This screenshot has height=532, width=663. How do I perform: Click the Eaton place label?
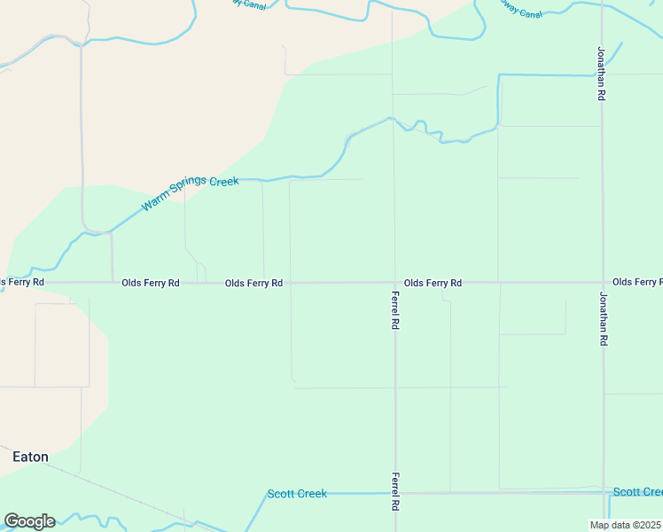[30, 458]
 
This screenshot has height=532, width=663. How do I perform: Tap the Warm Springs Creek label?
[190, 193]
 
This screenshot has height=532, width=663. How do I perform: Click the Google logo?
[29, 521]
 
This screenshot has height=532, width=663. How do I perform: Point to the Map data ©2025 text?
[626, 525]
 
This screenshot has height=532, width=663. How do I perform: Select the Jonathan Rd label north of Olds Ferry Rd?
[602, 74]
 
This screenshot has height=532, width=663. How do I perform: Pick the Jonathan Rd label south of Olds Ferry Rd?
[603, 318]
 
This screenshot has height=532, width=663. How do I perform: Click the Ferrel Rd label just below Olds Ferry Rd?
[394, 310]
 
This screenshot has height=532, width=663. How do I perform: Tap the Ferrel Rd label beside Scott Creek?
[394, 492]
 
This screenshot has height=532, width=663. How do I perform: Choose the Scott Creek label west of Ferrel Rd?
[297, 494]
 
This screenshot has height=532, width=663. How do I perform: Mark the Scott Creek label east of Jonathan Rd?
[637, 492]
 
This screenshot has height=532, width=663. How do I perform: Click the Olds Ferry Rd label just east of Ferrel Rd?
[433, 283]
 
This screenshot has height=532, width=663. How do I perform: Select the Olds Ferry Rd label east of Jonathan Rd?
[636, 282]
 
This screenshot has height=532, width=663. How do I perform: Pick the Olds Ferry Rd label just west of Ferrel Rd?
[253, 283]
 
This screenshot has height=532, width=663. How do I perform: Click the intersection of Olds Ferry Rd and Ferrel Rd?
[394, 283]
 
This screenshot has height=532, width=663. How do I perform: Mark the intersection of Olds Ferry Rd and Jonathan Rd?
[603, 283]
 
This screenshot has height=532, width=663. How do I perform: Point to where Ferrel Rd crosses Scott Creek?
[394, 493]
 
